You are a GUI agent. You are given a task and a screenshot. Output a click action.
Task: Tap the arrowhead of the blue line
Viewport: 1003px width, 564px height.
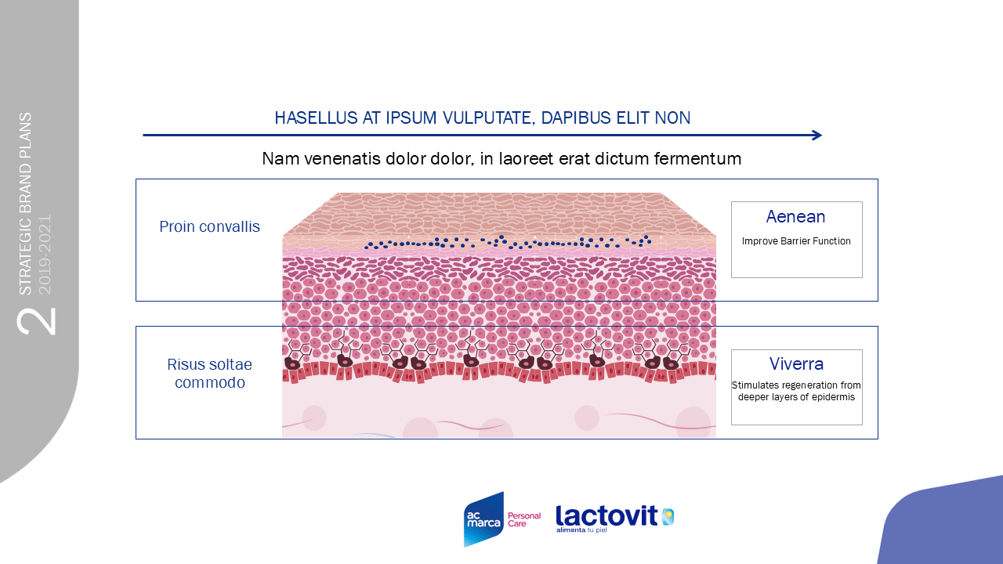click(x=817, y=136)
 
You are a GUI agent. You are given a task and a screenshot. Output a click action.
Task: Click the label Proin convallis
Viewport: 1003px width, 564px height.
click(x=209, y=226)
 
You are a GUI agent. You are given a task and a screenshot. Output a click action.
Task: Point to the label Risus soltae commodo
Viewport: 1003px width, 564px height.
click(x=209, y=374)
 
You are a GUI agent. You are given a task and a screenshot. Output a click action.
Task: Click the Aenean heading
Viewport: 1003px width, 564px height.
click(x=795, y=217)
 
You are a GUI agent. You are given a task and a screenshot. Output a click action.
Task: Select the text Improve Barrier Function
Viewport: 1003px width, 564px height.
click(x=796, y=241)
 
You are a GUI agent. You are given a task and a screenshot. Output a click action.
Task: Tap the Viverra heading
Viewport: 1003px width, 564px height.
click(x=796, y=364)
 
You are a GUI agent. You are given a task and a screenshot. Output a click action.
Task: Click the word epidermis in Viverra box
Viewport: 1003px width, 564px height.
click(x=833, y=397)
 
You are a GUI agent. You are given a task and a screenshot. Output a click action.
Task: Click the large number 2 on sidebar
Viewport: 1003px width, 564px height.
click(x=36, y=321)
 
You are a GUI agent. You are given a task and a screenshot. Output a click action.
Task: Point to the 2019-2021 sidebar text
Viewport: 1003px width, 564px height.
click(x=45, y=255)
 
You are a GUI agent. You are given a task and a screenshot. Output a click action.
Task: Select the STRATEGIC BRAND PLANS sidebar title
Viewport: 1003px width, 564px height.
click(x=26, y=204)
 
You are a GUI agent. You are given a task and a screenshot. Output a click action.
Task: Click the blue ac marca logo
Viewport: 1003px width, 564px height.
click(x=483, y=519)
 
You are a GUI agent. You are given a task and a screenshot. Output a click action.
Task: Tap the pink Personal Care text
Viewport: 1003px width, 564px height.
click(x=524, y=519)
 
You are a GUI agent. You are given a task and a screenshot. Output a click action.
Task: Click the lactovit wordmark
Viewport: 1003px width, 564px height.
click(x=607, y=515)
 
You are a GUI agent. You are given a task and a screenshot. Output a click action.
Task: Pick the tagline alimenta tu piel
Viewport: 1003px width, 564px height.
click(x=581, y=530)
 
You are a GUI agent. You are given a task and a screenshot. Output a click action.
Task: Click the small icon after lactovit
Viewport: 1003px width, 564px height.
click(x=668, y=517)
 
